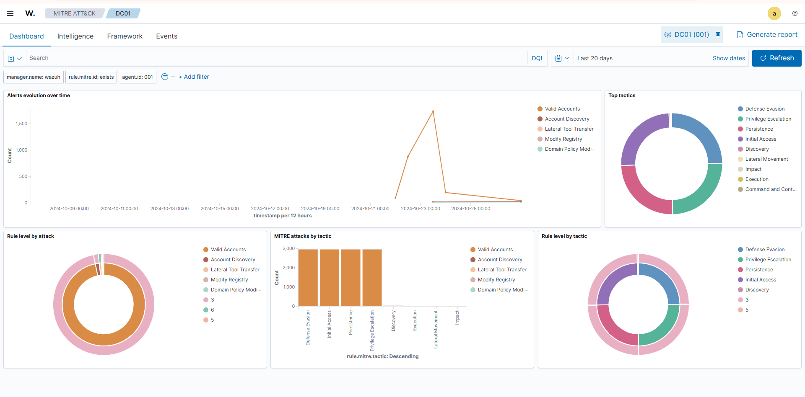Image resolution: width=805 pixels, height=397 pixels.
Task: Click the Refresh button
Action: tap(776, 58)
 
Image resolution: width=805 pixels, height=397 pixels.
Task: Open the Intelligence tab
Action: tap(75, 36)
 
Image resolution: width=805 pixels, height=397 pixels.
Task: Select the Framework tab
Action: tap(125, 36)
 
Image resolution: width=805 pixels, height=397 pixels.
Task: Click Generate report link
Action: tap(767, 35)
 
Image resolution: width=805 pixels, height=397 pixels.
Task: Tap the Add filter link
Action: tap(194, 77)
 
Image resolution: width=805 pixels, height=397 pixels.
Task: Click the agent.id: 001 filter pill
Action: tap(137, 77)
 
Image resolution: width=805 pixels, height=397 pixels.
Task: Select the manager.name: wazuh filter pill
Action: tap(34, 77)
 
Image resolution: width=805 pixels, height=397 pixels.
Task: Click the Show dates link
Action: tap(728, 58)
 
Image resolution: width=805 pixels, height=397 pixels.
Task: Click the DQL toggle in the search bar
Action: tap(537, 58)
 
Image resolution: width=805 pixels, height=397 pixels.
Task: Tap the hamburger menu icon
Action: tap(10, 13)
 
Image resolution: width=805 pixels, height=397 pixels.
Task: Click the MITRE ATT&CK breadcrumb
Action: tap(74, 13)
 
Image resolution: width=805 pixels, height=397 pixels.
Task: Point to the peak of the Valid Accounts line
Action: tap(433, 111)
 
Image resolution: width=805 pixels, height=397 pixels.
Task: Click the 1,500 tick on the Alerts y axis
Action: tap(21, 124)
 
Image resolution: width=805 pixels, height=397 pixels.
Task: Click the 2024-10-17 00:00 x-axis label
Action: tap(270, 209)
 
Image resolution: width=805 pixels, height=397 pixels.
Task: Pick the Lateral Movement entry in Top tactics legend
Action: tap(766, 159)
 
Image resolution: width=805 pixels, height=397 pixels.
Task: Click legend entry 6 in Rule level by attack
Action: tap(212, 310)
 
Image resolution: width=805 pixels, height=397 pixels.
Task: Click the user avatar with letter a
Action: tap(774, 13)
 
